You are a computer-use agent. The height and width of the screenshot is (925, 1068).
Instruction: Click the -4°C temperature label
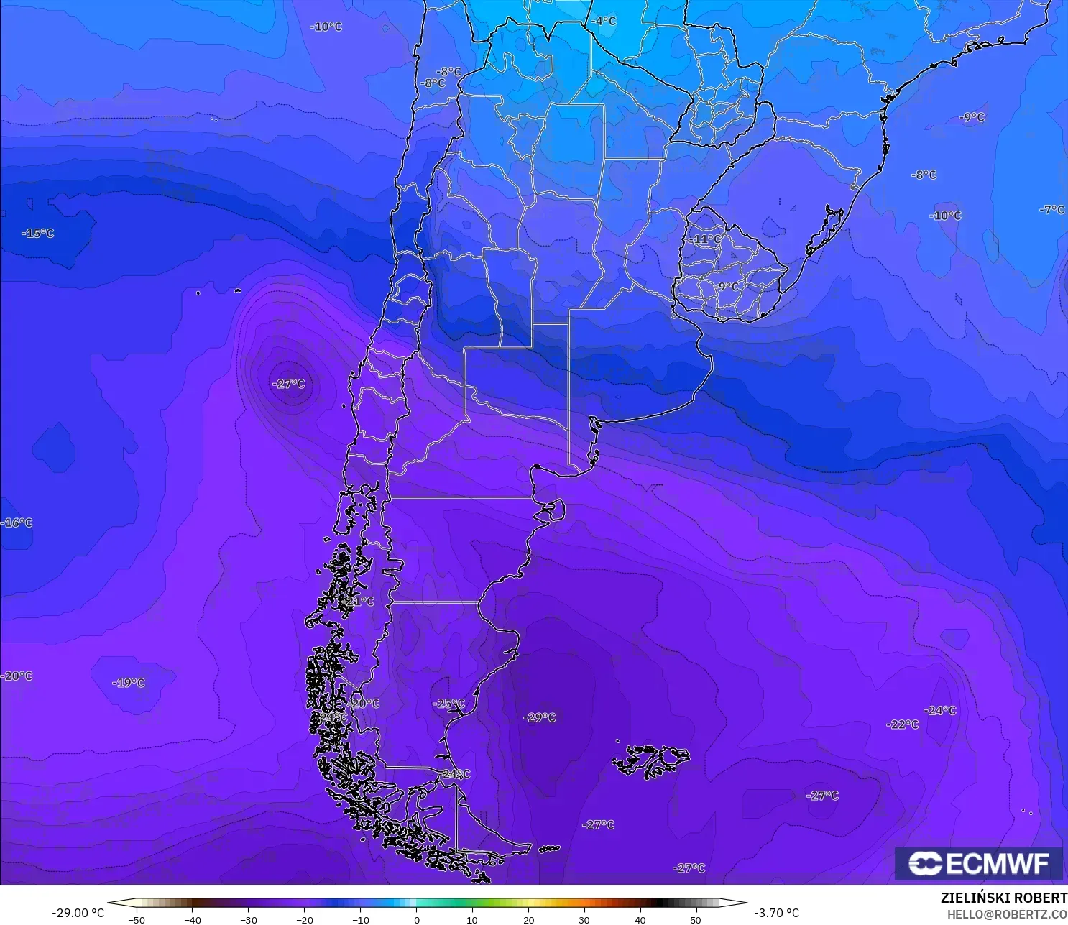(604, 22)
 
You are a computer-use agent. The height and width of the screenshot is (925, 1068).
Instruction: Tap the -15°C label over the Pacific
(38, 234)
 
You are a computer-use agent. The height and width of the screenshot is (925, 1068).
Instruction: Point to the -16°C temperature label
(17, 523)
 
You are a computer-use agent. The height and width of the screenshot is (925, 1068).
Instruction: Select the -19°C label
(129, 683)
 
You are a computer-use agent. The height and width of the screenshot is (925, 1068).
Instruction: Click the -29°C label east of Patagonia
(540, 717)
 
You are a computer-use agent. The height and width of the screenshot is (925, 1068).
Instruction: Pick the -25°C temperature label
(449, 704)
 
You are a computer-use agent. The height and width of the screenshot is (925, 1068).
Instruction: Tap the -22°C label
(903, 724)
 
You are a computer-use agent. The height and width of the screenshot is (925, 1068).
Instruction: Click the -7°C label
(1051, 210)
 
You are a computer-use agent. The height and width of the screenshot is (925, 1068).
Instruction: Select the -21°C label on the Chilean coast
(359, 602)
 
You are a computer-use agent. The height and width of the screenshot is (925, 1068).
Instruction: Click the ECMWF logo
(978, 863)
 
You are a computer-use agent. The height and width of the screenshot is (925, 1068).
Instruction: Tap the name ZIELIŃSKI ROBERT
(1003, 898)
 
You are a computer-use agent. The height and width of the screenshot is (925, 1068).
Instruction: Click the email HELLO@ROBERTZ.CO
(1006, 914)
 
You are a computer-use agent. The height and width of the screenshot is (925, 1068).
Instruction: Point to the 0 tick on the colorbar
(417, 919)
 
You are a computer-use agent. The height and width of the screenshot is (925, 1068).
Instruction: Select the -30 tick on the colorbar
(248, 919)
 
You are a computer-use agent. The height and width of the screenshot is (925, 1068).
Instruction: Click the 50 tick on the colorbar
(696, 919)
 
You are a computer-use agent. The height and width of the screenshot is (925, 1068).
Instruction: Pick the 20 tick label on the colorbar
(528, 919)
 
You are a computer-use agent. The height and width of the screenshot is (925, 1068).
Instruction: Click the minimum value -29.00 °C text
(78, 913)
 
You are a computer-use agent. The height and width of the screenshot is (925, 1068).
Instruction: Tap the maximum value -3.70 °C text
(776, 913)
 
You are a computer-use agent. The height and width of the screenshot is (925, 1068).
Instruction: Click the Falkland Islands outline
(650, 760)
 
